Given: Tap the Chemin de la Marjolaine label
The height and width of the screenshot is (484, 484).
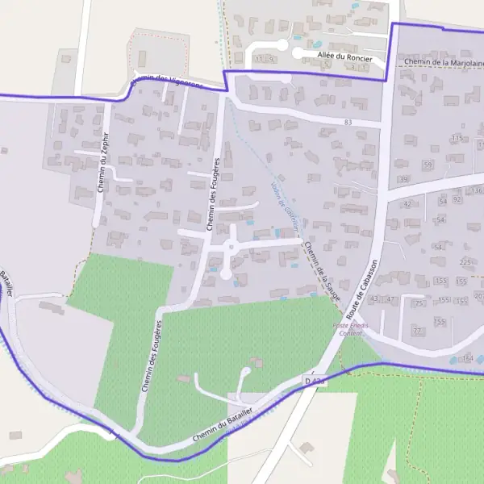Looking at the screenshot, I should coord(441,63).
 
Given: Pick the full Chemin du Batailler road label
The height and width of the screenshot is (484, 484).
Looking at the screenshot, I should coord(223,424).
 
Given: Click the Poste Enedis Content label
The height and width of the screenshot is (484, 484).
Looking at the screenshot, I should coord(350,329).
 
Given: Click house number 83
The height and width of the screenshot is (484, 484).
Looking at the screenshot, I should coord(348,122).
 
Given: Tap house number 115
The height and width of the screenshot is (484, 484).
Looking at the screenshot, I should coord(457,139).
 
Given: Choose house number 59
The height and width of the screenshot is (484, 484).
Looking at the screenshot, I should coord(428,165).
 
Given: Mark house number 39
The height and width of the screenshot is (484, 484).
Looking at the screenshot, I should coord(403,179).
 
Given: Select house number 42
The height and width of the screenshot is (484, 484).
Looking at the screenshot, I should coord(407,204).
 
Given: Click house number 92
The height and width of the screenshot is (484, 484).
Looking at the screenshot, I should coord(457,198).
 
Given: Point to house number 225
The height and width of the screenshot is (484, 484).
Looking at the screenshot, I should coord(465,262).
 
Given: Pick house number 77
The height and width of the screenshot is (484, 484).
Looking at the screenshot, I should coord(417,331).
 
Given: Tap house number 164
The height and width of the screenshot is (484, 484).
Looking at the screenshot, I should coord(468,359).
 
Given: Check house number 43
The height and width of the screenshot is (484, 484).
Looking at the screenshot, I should coord(373,299).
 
